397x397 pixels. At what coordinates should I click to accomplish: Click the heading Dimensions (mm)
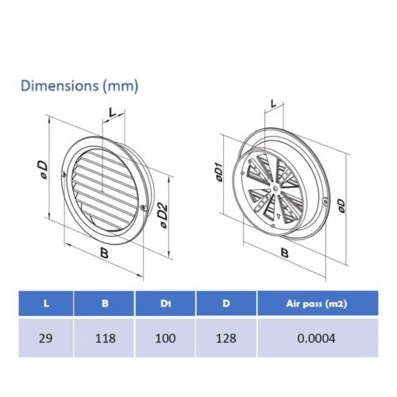pyautogui.click(x=79, y=86)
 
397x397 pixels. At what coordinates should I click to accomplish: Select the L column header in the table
pyautogui.click(x=46, y=303)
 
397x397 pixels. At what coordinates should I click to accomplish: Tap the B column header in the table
pyautogui.click(x=105, y=303)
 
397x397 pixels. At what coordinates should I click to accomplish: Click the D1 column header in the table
pyautogui.click(x=165, y=303)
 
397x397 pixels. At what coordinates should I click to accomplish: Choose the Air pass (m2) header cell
pyautogui.click(x=317, y=303)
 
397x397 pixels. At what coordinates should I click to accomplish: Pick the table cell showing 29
pyautogui.click(x=45, y=338)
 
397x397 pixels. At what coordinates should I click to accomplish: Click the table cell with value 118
pyautogui.click(x=105, y=338)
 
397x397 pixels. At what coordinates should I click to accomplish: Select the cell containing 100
pyautogui.click(x=165, y=338)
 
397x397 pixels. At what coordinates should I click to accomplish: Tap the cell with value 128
pyautogui.click(x=226, y=338)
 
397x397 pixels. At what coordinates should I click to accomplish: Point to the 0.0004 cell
pyautogui.click(x=317, y=338)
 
